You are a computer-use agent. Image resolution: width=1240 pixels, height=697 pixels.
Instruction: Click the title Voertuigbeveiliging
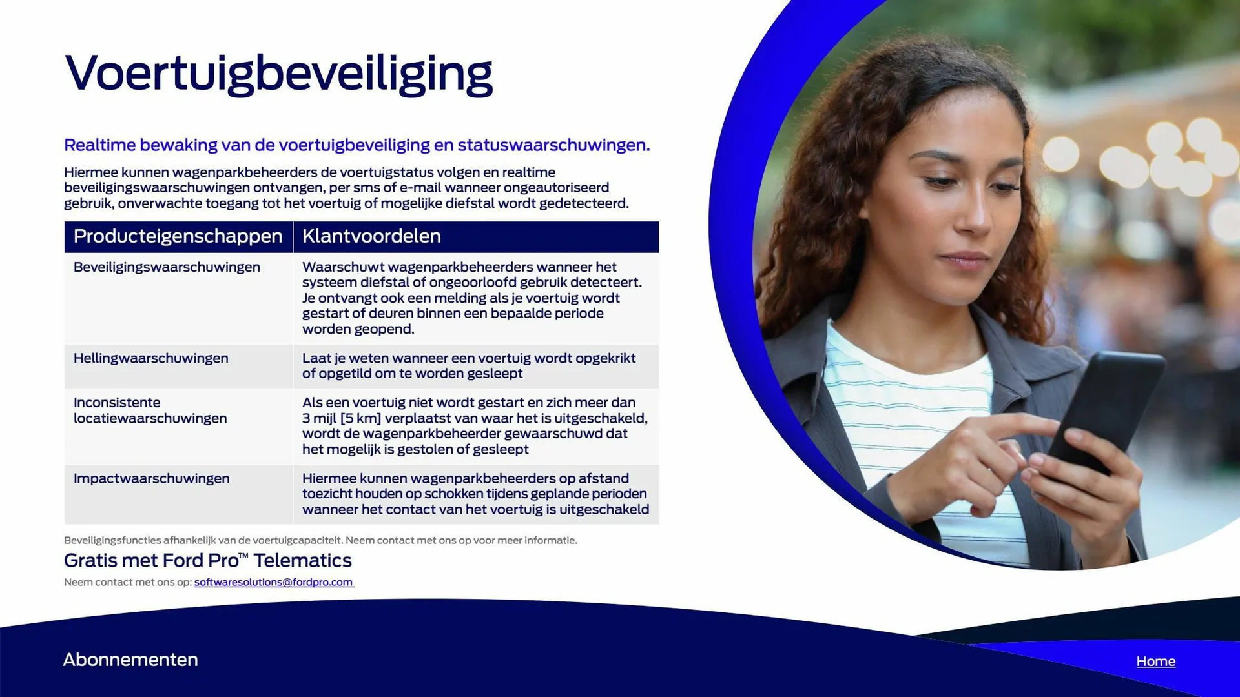[278, 74]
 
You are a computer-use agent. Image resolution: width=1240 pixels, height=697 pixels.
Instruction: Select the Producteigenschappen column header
[178, 236]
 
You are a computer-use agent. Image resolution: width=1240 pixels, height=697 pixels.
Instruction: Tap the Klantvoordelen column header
[371, 236]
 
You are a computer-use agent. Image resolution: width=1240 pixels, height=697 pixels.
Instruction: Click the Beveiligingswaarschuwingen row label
[167, 267]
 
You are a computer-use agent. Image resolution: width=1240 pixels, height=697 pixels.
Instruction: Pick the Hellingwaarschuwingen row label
[150, 358]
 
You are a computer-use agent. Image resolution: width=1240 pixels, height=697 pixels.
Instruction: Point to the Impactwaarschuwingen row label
[151, 478]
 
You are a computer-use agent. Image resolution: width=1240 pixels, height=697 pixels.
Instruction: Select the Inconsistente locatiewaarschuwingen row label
[150, 410]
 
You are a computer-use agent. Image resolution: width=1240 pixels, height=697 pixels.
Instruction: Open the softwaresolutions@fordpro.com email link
[274, 582]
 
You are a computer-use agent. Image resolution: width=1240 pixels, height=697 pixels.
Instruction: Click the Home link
[1156, 662]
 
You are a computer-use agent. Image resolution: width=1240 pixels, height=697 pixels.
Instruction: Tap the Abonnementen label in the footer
[130, 660]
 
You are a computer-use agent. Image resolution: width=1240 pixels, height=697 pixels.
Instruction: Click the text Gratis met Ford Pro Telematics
[208, 560]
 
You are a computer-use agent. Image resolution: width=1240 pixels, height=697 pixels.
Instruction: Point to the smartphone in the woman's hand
[1104, 413]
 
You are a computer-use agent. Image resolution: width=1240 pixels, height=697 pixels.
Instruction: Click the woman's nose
[972, 213]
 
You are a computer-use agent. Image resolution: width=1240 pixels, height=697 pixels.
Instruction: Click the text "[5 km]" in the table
[360, 418]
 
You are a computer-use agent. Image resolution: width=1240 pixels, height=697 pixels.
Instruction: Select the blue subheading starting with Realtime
[357, 145]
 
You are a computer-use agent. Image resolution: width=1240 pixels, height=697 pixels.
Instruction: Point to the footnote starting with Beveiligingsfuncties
[320, 540]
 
